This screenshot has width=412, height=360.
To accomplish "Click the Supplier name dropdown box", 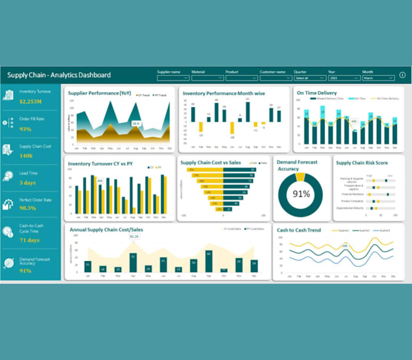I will [173, 78].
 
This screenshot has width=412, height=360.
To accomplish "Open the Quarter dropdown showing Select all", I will [310, 78].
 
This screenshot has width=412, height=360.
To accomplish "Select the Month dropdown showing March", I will [378, 78].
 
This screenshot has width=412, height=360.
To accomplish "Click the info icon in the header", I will [402, 75].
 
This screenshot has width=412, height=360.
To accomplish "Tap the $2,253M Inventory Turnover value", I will [30, 101].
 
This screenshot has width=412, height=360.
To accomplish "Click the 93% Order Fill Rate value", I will [25, 129].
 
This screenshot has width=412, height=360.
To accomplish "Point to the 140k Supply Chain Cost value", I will [26, 156].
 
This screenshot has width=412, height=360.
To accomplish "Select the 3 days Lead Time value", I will [28, 182].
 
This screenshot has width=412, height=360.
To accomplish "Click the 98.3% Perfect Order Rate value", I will [28, 208].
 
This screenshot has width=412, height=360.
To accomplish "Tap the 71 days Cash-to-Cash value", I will [29, 240].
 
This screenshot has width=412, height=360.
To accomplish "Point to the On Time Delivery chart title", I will [316, 93].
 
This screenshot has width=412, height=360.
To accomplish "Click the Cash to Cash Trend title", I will [299, 230].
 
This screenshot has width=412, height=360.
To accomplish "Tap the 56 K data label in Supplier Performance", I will [136, 124].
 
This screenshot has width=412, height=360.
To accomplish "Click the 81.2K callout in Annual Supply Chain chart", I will [133, 237].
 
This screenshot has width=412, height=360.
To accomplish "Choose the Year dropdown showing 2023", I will [344, 78].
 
